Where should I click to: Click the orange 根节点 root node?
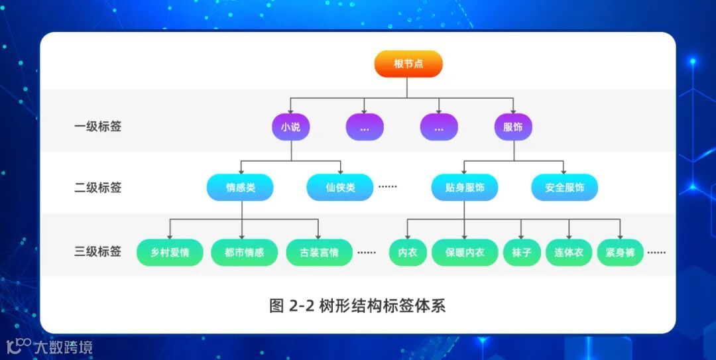click(408, 64)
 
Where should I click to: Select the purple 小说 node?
click(291, 127)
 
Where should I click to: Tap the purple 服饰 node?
click(513, 127)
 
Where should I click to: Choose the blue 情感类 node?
click(240, 188)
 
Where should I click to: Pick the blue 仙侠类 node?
click(340, 188)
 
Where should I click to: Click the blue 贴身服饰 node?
click(465, 188)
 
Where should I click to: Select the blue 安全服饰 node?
click(564, 188)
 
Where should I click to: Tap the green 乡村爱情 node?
click(170, 253)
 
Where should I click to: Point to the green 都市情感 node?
click(244, 253)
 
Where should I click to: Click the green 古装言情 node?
click(319, 253)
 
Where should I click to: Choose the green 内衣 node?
click(408, 253)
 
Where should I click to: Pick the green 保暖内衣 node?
click(465, 253)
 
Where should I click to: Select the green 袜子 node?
click(521, 253)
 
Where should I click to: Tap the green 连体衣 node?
click(568, 253)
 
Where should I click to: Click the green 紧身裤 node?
click(620, 253)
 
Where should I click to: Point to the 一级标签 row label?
click(97, 127)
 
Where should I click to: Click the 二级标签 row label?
click(97, 188)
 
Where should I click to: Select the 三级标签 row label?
click(97, 252)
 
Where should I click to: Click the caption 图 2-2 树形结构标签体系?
click(357, 306)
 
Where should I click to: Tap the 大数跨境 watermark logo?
click(49, 346)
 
